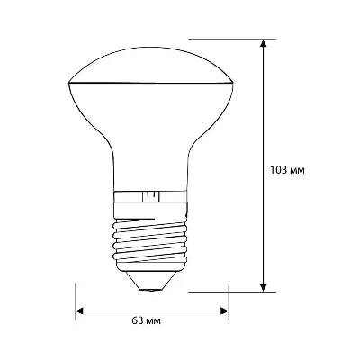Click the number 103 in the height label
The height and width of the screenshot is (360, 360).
coord(279,170)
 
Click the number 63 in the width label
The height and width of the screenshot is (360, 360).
coord(138,320)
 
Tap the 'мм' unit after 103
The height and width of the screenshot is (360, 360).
coord(298,171)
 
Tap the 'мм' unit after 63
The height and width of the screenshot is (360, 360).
coord(154,321)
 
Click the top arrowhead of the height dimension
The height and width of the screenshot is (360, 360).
coord(264,43)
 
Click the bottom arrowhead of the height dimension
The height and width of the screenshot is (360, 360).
coord(264,287)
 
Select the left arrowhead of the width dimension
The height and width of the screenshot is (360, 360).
coord(79,310)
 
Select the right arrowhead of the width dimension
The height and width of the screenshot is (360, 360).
coord(225,310)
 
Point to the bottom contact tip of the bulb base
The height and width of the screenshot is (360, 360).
coord(150,290)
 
